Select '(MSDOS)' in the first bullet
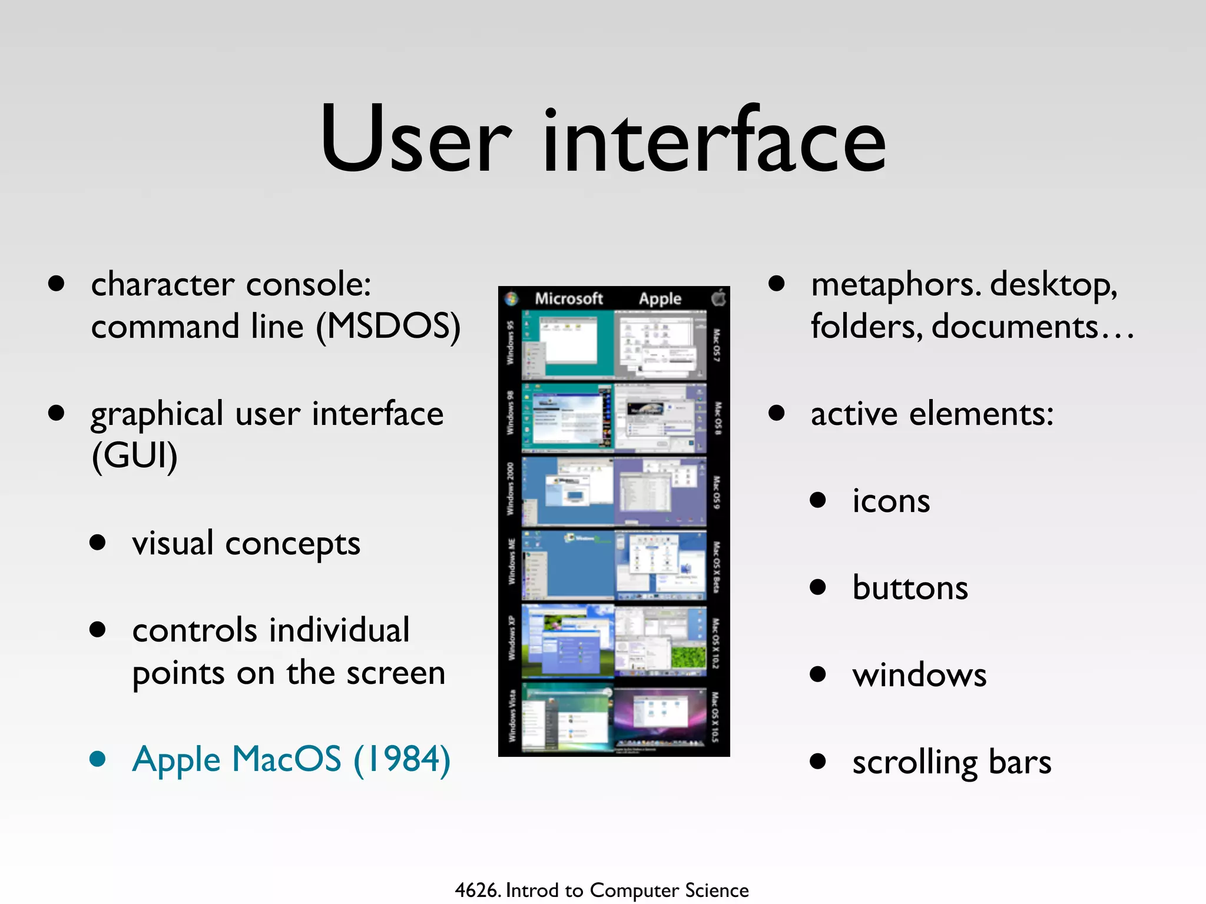click(x=388, y=327)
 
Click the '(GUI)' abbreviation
click(x=134, y=455)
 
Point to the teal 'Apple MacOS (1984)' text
click(x=291, y=759)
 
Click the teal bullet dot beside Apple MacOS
click(x=98, y=759)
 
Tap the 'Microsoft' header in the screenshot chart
click(x=568, y=299)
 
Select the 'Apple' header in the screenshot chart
click(x=660, y=299)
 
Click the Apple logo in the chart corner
click(x=719, y=298)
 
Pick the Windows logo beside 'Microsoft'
click(x=512, y=299)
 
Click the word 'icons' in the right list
click(x=891, y=501)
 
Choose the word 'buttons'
click(x=910, y=587)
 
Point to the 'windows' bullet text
click(x=919, y=674)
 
